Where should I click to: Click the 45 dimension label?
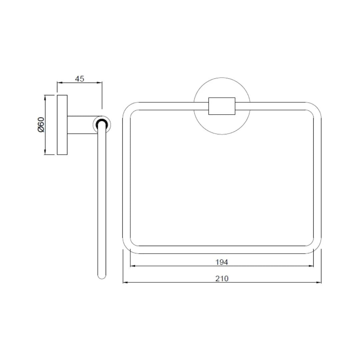[x=80, y=79]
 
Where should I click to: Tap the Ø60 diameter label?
[x=41, y=124]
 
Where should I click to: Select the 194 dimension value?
[x=222, y=262]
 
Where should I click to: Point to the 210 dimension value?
[x=222, y=279]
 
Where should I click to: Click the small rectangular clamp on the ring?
[x=222, y=106]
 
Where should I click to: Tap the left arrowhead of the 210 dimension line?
[x=125, y=283]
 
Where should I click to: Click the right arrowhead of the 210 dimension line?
[x=319, y=283]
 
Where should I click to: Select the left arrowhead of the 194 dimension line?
[x=132, y=266]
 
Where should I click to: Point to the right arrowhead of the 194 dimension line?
[x=312, y=266]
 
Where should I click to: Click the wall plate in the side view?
[x=62, y=125]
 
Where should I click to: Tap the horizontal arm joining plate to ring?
[x=80, y=125]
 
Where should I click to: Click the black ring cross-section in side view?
[x=101, y=125]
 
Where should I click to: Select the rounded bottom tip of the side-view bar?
[x=102, y=276]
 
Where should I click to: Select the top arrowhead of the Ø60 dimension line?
[x=45, y=97]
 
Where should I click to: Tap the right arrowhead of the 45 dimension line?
[x=100, y=83]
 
